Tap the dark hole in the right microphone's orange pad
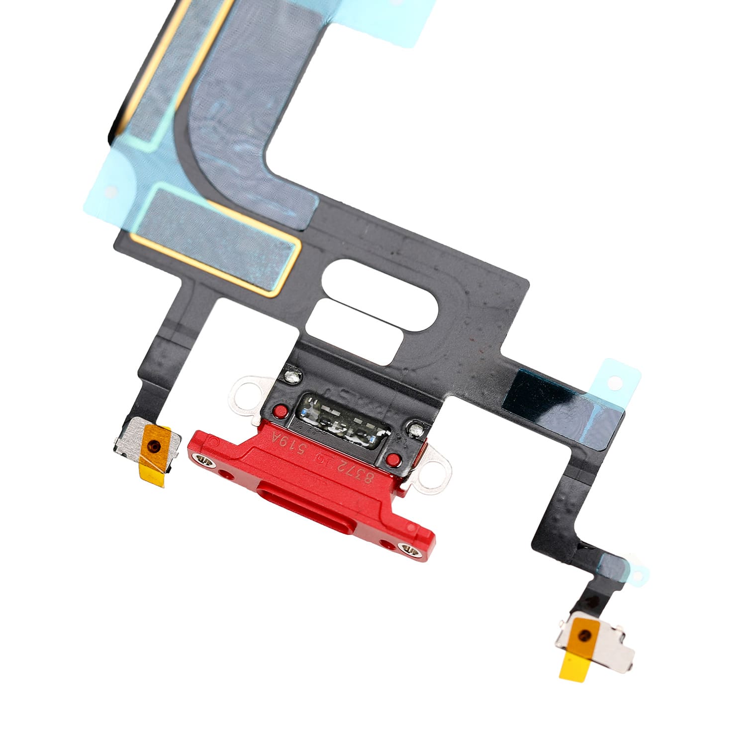click(x=586, y=635)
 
